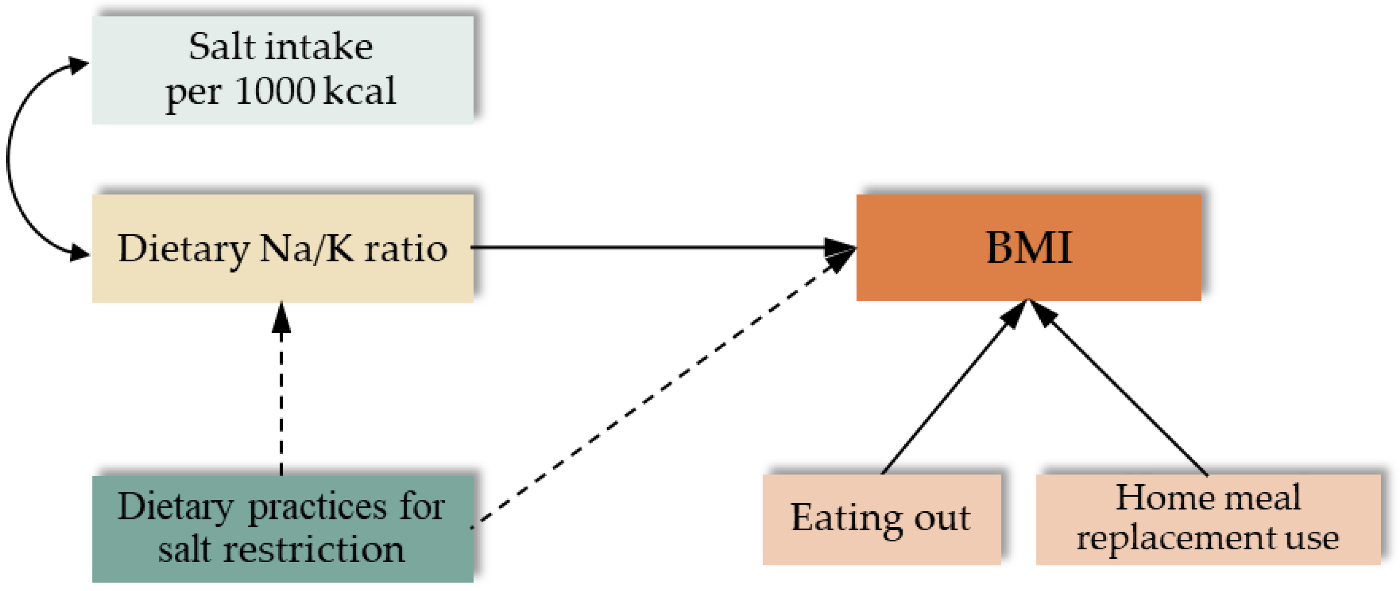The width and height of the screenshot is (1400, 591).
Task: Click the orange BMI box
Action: pos(1028,248)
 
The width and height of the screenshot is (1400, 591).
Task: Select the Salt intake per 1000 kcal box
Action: pos(282,70)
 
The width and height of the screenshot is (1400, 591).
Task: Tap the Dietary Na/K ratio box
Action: pos(282,248)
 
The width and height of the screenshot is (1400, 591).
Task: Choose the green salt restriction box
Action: pos(282,528)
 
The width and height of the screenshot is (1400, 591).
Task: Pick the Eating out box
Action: pos(882,519)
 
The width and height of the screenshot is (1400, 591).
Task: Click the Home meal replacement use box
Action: pos(1208,519)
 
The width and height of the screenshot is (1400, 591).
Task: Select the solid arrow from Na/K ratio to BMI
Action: pos(652,248)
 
